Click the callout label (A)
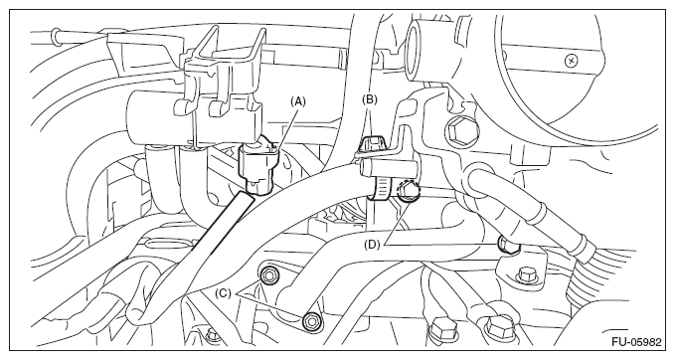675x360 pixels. (298, 101)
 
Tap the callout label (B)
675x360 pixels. (370, 99)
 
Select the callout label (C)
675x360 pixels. (223, 293)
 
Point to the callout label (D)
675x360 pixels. (372, 245)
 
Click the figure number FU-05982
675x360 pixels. (636, 342)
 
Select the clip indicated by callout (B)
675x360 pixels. (374, 144)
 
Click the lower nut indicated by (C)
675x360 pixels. (310, 321)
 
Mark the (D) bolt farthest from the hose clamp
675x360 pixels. (508, 245)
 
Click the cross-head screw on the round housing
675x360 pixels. (572, 61)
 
